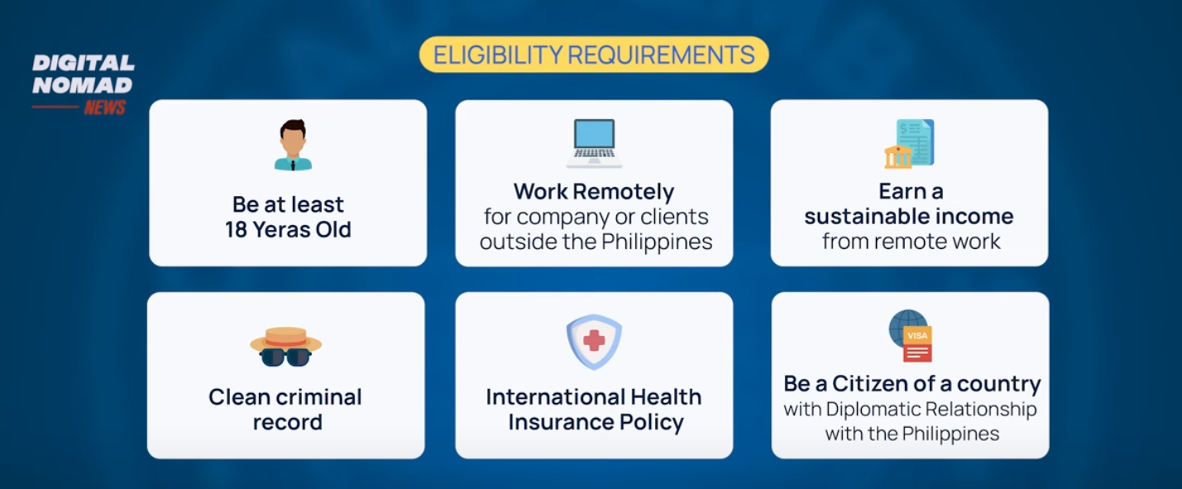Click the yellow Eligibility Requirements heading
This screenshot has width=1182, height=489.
click(x=594, y=55)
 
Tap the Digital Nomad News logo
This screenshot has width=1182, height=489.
click(x=83, y=84)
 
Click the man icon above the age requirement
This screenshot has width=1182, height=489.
click(x=293, y=145)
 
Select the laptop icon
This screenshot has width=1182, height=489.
click(x=594, y=143)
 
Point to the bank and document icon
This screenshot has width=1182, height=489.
click(x=909, y=144)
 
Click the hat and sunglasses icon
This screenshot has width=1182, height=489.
click(x=285, y=347)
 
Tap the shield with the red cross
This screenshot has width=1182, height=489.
click(x=594, y=342)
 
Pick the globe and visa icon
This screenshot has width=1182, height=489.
click(x=911, y=336)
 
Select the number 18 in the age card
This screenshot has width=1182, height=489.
click(x=236, y=230)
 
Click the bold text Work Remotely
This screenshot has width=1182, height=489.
click(x=594, y=192)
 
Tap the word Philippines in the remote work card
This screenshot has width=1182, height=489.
click(x=657, y=242)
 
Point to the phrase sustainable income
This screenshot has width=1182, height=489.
click(x=909, y=217)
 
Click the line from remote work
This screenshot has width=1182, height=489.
click(x=911, y=242)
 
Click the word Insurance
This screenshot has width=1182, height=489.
click(x=560, y=423)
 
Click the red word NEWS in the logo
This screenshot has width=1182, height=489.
click(x=104, y=108)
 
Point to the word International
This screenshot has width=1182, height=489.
click(x=554, y=397)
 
